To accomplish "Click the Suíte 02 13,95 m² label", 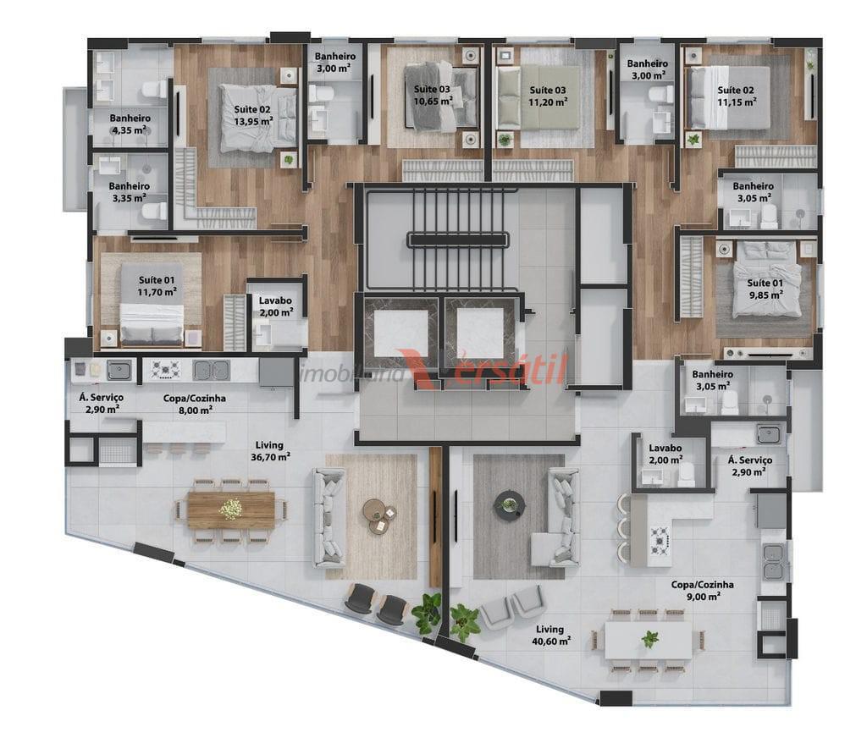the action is (252, 115).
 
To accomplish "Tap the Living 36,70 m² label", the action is (270, 451).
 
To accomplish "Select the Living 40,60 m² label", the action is (550, 636).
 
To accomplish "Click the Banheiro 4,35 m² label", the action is (130, 124).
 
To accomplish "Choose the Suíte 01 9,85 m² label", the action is (765, 289).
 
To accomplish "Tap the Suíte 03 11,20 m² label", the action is (548, 96).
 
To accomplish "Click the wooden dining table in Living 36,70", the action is (231, 509).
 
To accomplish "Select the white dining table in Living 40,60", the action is (648, 640).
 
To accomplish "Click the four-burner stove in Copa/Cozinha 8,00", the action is (166, 370).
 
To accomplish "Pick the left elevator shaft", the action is (400, 333).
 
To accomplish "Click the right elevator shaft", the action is (480, 333).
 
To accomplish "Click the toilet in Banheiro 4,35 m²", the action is (156, 90).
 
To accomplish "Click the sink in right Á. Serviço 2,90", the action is (769, 434).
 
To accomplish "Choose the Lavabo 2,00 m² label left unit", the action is (275, 307).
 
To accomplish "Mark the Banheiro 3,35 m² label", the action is (129, 192).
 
